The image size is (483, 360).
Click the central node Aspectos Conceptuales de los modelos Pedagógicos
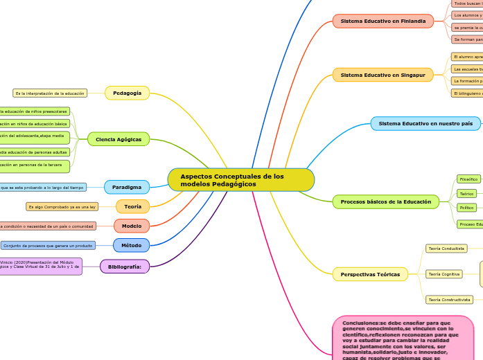tap(240, 180)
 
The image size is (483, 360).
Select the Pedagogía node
tap(127, 93)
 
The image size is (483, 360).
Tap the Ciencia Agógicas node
tap(118, 139)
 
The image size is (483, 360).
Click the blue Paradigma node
tap(126, 187)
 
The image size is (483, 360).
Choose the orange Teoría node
tap(132, 206)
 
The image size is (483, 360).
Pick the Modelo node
tap(132, 226)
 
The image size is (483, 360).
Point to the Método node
tap(131, 245)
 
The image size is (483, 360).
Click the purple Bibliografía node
tap(125, 267)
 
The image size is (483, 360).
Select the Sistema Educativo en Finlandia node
tap(383, 21)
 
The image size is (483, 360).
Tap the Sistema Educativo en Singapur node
tap(383, 75)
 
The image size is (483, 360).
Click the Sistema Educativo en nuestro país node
tap(425, 124)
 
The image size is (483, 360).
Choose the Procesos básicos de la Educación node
tap(386, 202)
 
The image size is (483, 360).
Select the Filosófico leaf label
tap(468, 179)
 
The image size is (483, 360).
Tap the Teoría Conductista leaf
tap(446, 248)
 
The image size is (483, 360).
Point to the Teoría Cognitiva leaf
tap(444, 274)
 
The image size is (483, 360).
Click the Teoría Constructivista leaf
tap(449, 300)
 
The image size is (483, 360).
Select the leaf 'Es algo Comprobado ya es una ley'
tap(62, 206)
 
